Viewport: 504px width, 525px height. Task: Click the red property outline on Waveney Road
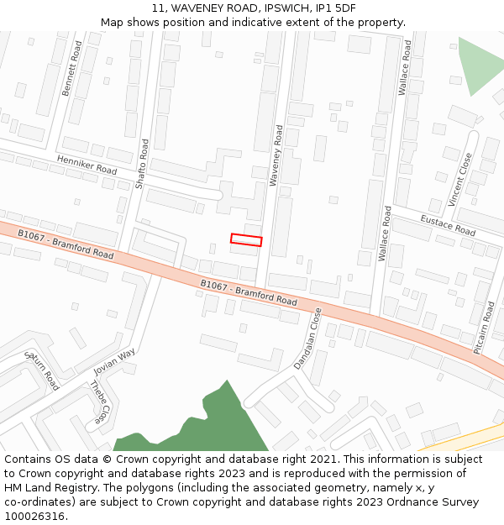pyautogui.click(x=246, y=240)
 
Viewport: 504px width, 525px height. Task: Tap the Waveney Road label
pyautogui.click(x=276, y=155)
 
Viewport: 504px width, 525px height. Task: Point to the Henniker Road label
pyautogui.click(x=87, y=164)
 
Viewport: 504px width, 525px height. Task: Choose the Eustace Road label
pyautogui.click(x=448, y=225)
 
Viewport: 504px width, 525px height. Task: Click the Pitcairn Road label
pyautogui.click(x=485, y=328)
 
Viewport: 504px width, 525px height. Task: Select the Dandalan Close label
pyautogui.click(x=308, y=339)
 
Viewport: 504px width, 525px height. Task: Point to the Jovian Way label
pyautogui.click(x=114, y=361)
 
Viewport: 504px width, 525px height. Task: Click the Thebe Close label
pyautogui.click(x=98, y=402)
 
